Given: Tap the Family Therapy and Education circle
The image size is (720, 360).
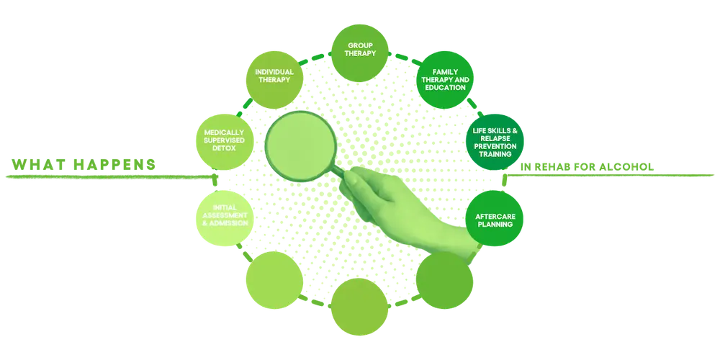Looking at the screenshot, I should [x=446, y=79].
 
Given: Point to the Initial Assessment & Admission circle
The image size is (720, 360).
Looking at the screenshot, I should [x=223, y=218].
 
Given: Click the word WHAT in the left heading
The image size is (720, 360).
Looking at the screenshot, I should [x=35, y=163].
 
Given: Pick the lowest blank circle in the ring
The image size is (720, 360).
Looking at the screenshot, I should [x=359, y=303].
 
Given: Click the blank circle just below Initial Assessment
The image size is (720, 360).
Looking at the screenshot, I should [x=272, y=278].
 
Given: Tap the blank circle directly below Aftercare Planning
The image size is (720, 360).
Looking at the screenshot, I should [x=446, y=280].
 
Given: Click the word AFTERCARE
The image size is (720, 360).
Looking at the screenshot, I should [x=495, y=216].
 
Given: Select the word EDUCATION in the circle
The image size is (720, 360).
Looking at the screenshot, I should [x=446, y=88].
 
